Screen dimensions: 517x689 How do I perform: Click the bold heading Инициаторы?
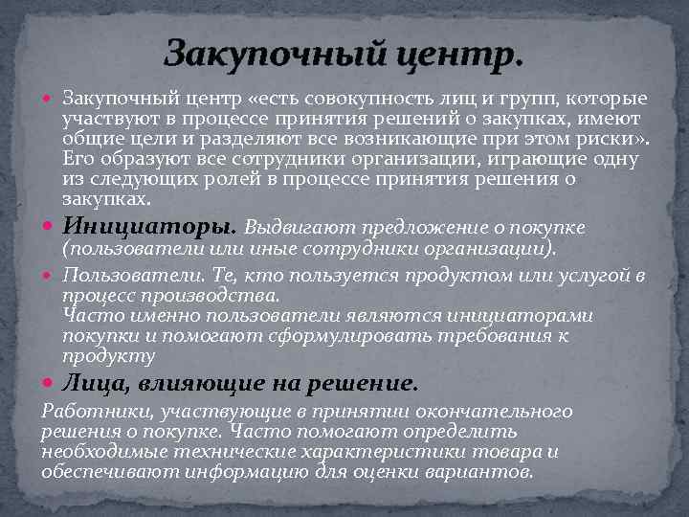(149, 227)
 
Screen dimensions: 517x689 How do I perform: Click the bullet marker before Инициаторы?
(49, 228)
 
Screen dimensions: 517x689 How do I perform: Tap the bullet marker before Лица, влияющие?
(49, 383)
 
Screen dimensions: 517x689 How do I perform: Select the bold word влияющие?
(199, 383)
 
